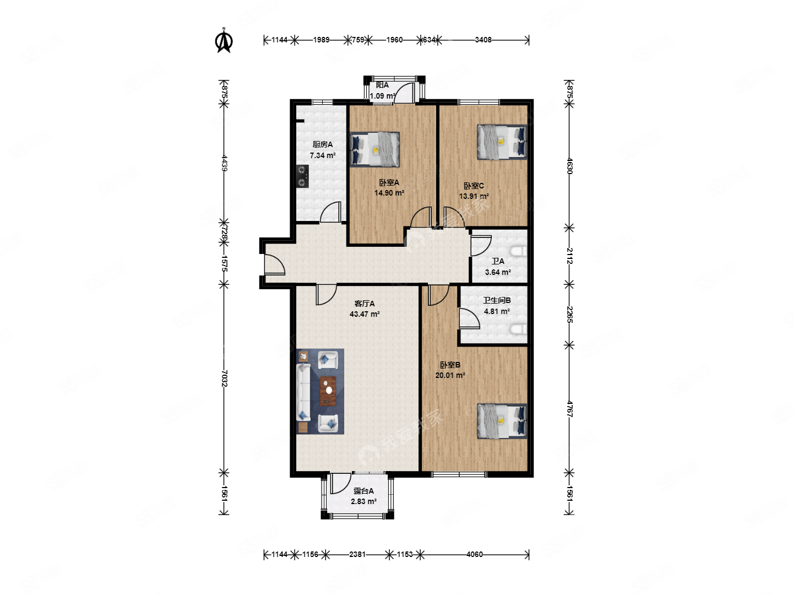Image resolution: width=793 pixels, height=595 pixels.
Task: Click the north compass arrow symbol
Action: click(224, 40)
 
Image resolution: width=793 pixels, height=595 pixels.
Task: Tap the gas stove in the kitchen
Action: click(303, 176)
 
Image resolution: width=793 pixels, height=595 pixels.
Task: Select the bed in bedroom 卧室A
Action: click(374, 149)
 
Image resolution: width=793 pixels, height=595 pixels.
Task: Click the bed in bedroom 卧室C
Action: click(502, 142)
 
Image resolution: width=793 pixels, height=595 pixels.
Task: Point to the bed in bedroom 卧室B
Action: click(502, 421)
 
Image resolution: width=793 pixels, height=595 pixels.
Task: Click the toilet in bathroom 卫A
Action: click(518, 251)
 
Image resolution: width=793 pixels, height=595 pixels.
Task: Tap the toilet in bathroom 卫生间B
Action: click(518, 329)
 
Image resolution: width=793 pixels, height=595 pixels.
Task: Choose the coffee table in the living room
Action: click(328, 391)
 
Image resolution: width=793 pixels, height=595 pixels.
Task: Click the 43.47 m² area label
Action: click(364, 314)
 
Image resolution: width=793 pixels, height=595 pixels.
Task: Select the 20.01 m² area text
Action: click(450, 375)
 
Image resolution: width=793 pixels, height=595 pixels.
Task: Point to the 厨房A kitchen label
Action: click(322, 144)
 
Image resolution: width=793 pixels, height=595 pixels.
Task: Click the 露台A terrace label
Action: click(363, 490)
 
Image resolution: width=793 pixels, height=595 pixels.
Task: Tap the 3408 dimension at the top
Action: click(483, 40)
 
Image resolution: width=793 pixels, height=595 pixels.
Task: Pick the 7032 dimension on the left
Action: click(224, 378)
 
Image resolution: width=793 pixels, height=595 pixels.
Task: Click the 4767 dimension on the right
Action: click(569, 409)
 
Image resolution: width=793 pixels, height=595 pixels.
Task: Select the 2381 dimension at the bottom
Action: click(357, 554)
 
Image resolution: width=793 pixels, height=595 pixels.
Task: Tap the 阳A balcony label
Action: click(382, 85)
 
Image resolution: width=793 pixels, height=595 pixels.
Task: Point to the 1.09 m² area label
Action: click(383, 96)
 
